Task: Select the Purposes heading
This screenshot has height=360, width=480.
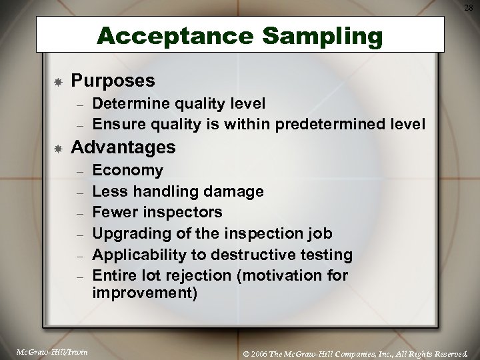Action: click(113, 81)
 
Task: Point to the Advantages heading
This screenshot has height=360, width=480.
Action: click(123, 145)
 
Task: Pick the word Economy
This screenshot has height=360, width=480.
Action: click(127, 170)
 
